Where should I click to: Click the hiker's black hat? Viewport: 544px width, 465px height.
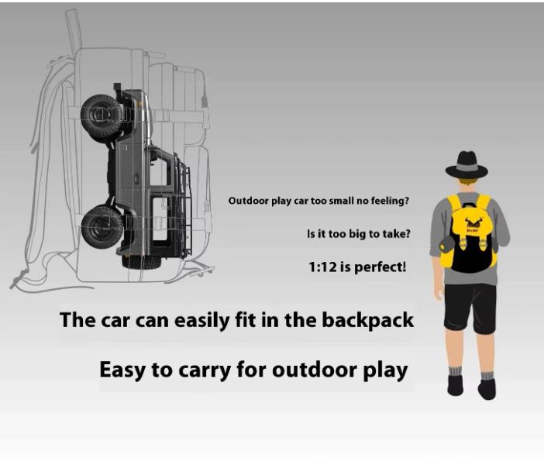pos(467,165)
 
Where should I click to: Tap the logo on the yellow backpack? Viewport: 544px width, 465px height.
pos(471,222)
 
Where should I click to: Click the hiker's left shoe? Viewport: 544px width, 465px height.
pos(455,385)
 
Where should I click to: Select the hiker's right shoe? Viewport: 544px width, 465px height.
pos(487,388)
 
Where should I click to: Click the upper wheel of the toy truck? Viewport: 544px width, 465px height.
pos(101,115)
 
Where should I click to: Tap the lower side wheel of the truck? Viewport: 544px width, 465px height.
pos(102,227)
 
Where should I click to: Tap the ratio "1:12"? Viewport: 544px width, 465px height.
pos(322,267)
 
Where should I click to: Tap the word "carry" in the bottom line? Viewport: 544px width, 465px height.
pos(205,371)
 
